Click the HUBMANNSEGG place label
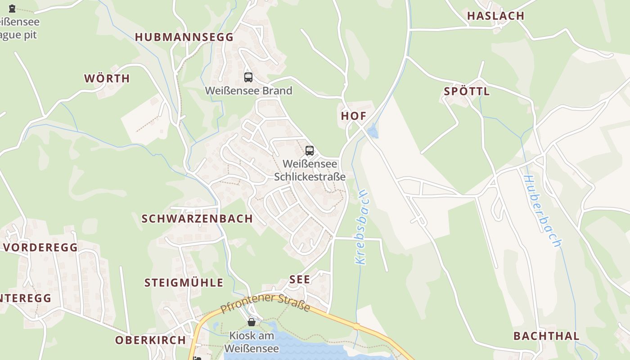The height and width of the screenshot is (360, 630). pos(184,37)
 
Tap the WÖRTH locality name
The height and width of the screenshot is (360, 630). pos(107,78)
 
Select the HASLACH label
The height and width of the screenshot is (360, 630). pos(495,16)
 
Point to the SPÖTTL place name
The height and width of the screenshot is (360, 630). pos(467,91)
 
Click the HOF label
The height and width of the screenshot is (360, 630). pos(353,116)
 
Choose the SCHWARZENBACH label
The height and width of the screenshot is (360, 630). pos(197,219)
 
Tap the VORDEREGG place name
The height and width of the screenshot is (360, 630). pos(40,247)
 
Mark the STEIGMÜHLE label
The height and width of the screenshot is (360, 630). pos(184,283)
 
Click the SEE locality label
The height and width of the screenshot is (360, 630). pos(300,279)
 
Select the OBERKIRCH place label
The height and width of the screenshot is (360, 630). pos(150,340)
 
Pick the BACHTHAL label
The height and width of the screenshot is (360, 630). pos(546,336)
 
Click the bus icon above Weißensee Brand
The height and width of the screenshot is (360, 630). pos(248,77)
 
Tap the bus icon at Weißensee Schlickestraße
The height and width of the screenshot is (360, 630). pos(310,151)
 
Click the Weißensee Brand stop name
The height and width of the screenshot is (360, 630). pos(248,90)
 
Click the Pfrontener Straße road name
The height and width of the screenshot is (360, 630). pos(265,303)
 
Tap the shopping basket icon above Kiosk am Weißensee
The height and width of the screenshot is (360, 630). pos(252,322)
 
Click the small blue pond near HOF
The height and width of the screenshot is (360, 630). pos(373,131)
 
